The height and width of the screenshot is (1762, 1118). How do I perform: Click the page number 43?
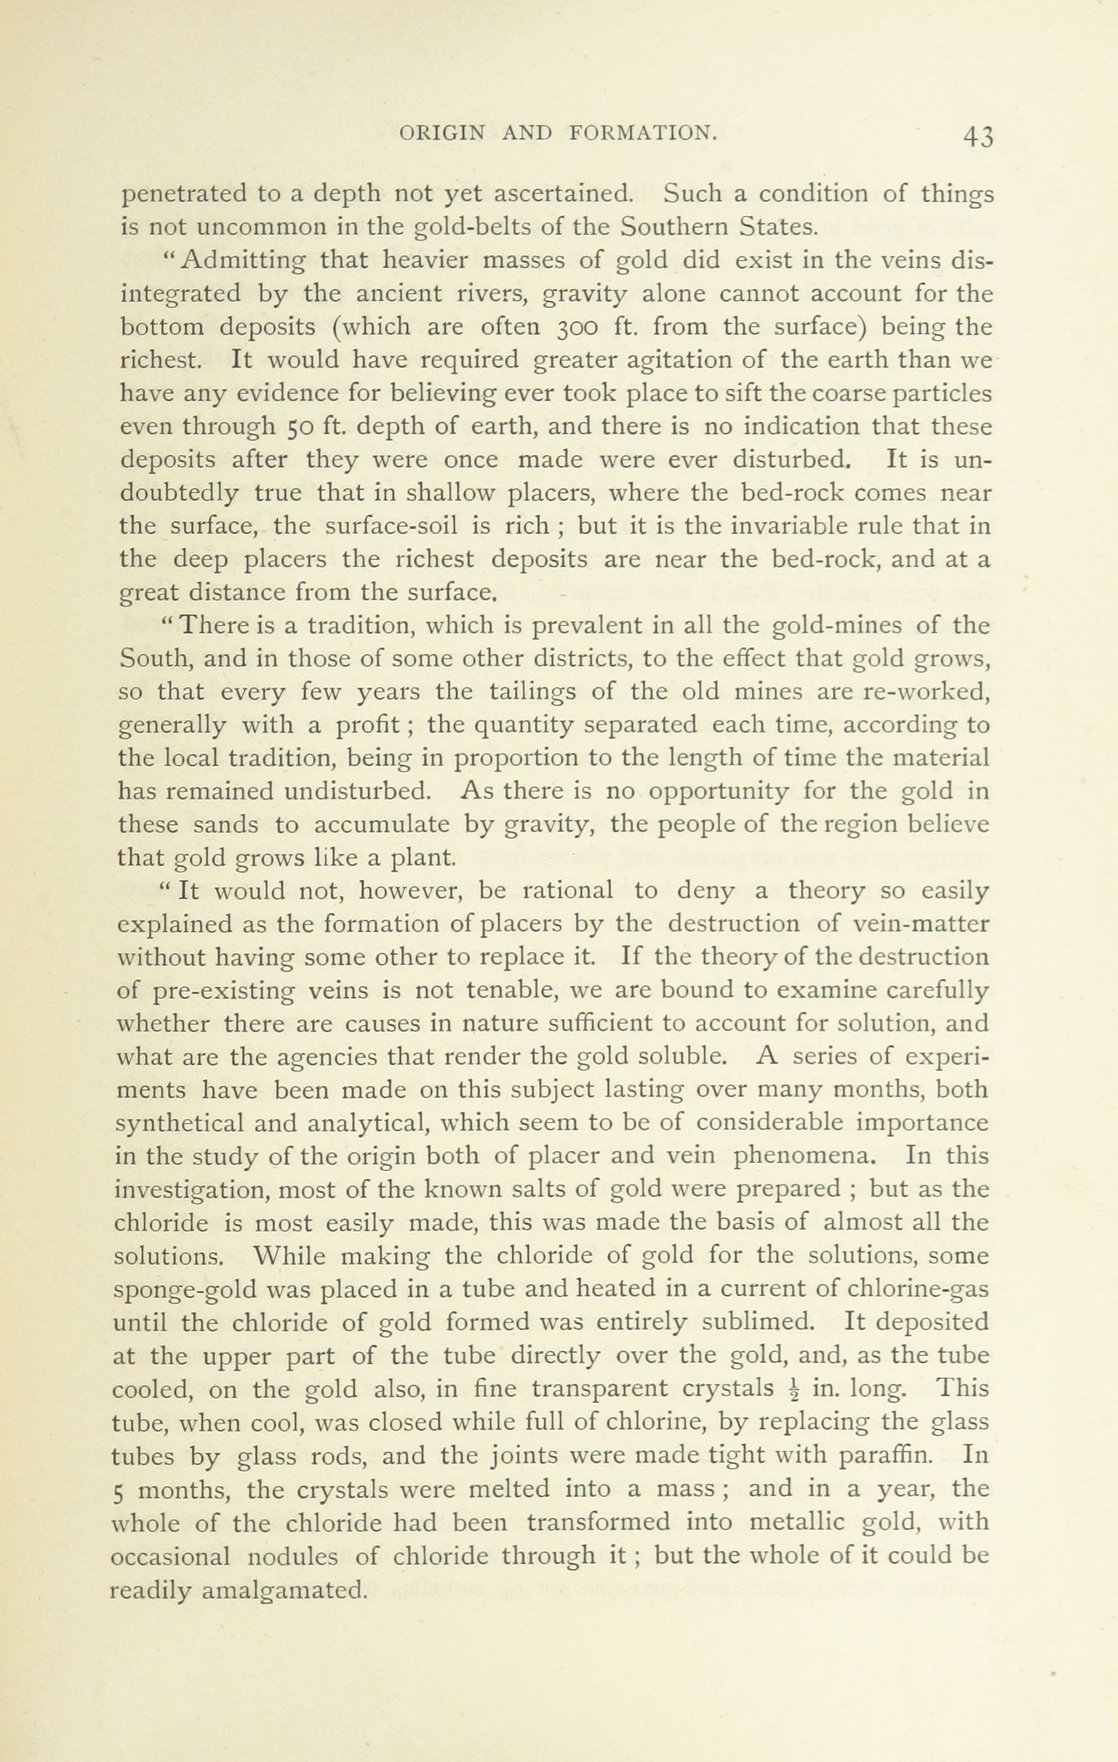click(x=978, y=136)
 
